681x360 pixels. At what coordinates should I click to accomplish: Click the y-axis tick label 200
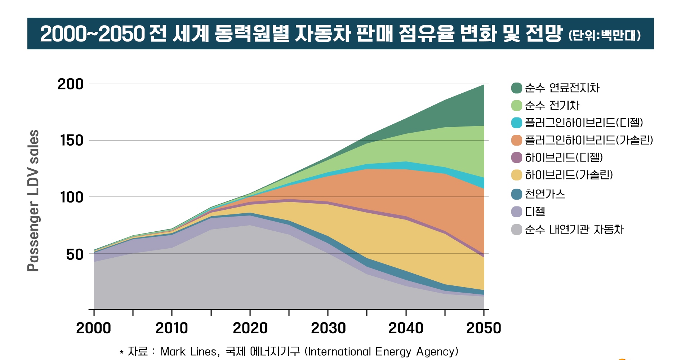pos(70,84)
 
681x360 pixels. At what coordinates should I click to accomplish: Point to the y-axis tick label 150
pos(72,141)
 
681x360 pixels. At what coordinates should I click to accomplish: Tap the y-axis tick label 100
pos(72,197)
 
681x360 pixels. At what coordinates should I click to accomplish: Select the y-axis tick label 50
pos(75,254)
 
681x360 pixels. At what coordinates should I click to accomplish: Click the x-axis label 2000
pos(93,328)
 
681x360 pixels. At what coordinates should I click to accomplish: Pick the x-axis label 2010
pos(172,328)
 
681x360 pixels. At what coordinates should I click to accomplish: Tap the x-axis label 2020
pos(250,328)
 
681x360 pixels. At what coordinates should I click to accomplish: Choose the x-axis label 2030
pos(328,328)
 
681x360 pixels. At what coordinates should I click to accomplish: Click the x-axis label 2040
pos(406,328)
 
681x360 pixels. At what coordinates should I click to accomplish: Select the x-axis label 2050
pos(484,328)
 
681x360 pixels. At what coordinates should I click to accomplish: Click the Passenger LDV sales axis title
pos(33,200)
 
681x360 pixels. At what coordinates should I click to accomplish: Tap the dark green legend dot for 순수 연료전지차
pos(516,88)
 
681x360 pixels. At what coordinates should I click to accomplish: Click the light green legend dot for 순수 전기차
pos(516,106)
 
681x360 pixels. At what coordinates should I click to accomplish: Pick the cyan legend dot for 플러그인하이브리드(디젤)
pos(516,123)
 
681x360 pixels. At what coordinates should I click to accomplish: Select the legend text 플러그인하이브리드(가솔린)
pos(589,140)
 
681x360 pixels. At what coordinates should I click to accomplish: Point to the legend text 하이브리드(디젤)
pos(564,157)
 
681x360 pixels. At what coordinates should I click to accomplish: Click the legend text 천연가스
pos(545,194)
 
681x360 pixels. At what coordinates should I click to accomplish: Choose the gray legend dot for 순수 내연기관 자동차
pos(516,230)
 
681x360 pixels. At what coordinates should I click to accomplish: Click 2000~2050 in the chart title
pos(92,34)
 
